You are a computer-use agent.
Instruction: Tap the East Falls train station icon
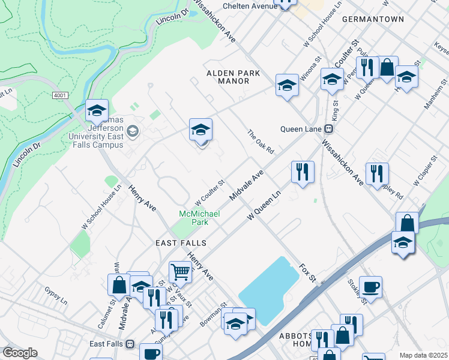[129, 344]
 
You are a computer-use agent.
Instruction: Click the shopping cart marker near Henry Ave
[180, 272]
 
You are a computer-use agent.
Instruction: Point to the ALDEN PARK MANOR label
[234, 77]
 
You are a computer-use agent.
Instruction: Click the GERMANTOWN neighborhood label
[373, 19]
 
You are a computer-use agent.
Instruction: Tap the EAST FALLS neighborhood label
[181, 243]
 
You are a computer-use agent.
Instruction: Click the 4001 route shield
[59, 95]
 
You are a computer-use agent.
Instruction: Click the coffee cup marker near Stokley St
[370, 287]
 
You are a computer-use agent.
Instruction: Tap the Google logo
[20, 353]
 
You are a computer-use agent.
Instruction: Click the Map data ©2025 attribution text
[423, 355]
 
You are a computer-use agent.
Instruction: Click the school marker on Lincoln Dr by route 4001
[97, 110]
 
